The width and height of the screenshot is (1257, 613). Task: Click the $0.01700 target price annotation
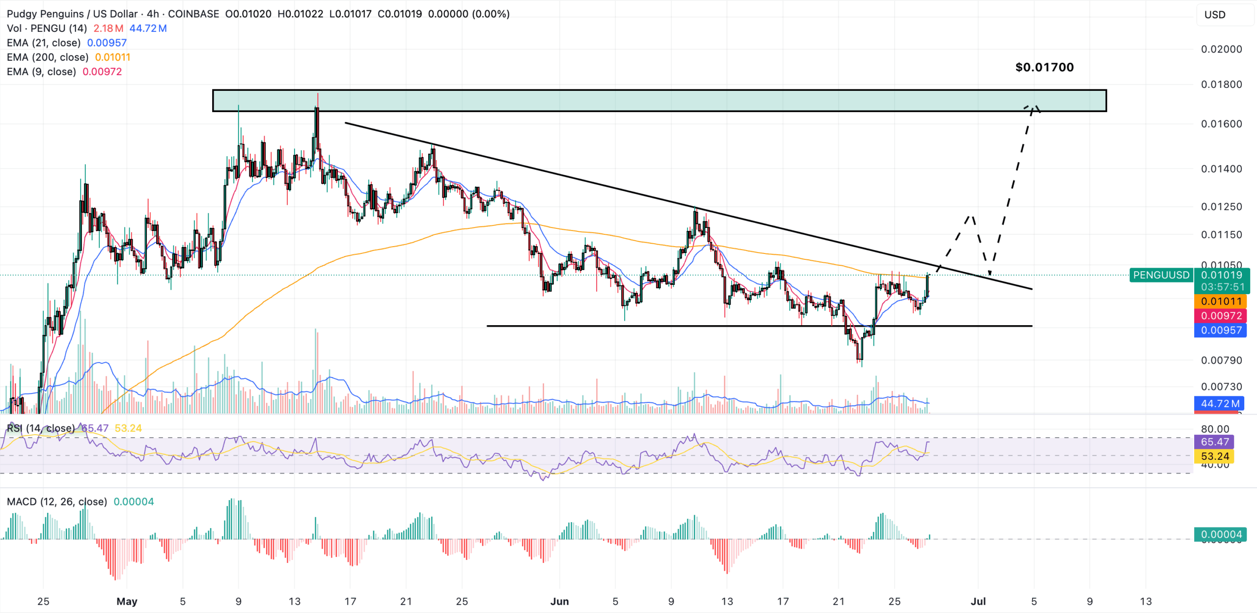1044,67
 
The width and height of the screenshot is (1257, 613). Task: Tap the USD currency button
1215,15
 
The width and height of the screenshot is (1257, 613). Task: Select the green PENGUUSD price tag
1161,275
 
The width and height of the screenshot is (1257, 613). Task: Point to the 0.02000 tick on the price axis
1221,49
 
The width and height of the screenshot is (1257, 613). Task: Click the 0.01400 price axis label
1221,169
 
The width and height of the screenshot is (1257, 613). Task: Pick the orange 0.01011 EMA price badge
1221,302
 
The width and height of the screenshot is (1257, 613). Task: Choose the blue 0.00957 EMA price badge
1221,331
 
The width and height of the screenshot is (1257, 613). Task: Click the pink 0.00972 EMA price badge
1221,316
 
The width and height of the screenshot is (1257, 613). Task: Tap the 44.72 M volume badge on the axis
1220,404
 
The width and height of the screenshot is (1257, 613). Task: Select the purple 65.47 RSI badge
1215,442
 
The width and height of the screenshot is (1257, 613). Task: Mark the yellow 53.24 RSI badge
1215,456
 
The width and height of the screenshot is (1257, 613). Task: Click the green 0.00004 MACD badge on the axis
1221,534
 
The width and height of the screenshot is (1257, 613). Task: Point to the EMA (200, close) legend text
48,57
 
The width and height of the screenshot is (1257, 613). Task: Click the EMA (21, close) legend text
44,43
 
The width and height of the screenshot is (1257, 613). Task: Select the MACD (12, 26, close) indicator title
57,502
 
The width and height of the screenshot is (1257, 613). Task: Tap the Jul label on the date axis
978,601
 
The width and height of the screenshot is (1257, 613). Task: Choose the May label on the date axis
127,601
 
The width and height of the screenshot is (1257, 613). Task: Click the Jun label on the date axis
559,601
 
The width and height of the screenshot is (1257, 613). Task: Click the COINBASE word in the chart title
193,14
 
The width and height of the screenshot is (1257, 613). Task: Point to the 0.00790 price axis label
1221,361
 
